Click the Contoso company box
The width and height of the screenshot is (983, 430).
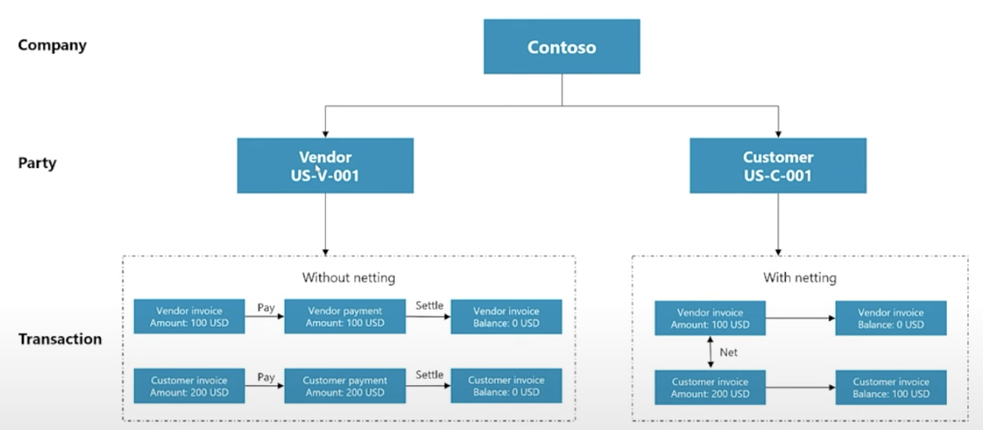561,46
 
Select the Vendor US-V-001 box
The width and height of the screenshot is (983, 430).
324,166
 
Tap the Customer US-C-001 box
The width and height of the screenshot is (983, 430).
778,166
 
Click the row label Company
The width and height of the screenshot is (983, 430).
52,45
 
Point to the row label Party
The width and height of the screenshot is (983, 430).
37,163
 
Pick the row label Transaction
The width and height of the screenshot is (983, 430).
60,339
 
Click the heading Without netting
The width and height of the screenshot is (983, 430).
348,278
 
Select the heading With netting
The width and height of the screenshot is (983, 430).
799,278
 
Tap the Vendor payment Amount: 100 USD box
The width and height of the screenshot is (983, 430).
344,317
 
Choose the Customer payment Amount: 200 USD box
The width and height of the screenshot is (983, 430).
344,386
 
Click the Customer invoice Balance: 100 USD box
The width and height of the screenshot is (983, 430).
890,387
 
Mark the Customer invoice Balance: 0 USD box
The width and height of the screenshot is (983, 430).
506,386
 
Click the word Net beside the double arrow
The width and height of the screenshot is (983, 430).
728,353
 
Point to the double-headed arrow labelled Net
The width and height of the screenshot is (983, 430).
710,353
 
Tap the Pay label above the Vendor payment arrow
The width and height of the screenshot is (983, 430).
266,308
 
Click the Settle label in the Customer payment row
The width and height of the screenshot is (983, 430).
429,375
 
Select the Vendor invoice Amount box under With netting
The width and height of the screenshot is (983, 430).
710,318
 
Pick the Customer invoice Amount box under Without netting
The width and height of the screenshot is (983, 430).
189,386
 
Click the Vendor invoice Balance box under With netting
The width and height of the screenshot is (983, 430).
890,318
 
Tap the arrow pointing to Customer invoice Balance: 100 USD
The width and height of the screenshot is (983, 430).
800,387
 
